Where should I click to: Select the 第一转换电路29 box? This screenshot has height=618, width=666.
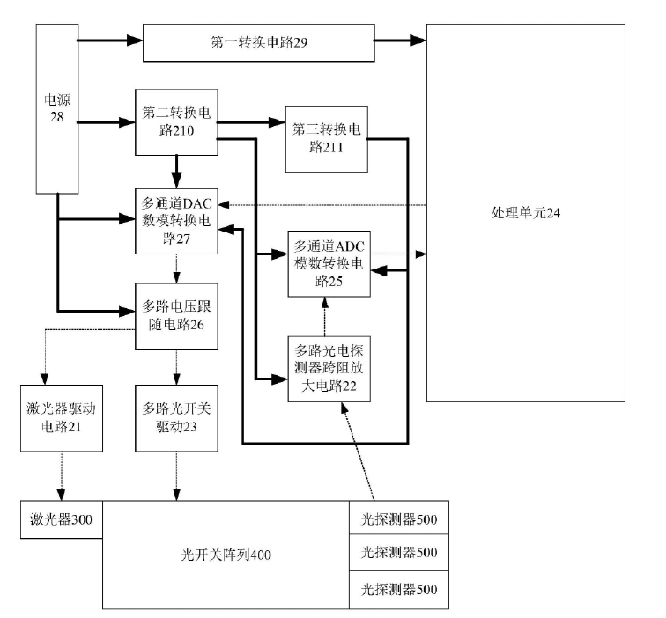(259, 42)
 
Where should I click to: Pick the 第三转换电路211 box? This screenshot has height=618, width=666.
(327, 137)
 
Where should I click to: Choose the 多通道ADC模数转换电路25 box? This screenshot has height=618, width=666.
(329, 263)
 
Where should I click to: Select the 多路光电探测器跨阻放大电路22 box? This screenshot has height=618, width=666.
(329, 369)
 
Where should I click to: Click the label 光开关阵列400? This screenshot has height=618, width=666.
(226, 555)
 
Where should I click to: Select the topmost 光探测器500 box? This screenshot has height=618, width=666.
(399, 519)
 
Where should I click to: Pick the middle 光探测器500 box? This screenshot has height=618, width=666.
(399, 553)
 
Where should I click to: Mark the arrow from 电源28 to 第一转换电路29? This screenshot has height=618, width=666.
(110, 40)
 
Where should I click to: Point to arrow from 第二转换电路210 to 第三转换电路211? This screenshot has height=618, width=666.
(250, 122)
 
